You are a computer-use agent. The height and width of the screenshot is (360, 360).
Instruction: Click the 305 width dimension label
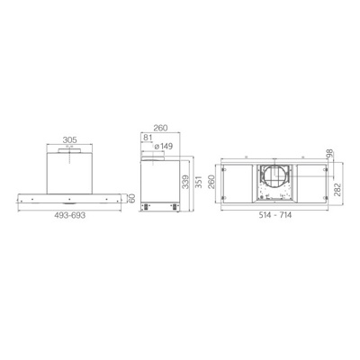[x=69, y=139]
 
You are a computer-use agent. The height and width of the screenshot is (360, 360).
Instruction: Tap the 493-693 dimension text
[x=70, y=215]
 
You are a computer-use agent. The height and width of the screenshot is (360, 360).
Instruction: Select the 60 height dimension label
[x=131, y=198]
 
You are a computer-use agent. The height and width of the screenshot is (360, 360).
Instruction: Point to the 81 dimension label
[x=147, y=138]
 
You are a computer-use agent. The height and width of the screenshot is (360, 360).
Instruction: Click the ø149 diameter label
[x=163, y=147]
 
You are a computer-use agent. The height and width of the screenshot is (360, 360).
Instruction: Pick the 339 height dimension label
[x=186, y=182]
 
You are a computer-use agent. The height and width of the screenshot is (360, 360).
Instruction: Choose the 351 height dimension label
[x=198, y=182]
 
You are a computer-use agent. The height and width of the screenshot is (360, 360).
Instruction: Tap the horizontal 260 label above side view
[x=160, y=128]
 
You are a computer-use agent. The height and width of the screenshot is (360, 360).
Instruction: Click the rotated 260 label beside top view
[x=211, y=182]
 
